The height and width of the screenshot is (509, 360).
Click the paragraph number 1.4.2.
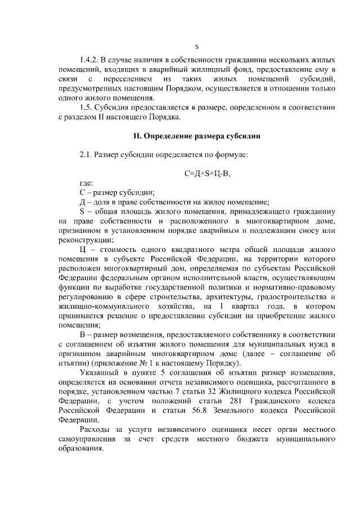coord(90,59)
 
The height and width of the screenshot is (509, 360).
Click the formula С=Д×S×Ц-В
coord(208,174)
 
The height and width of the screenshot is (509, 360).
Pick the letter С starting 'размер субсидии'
coord(83,193)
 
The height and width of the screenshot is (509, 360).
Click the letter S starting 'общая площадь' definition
coord(82,212)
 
